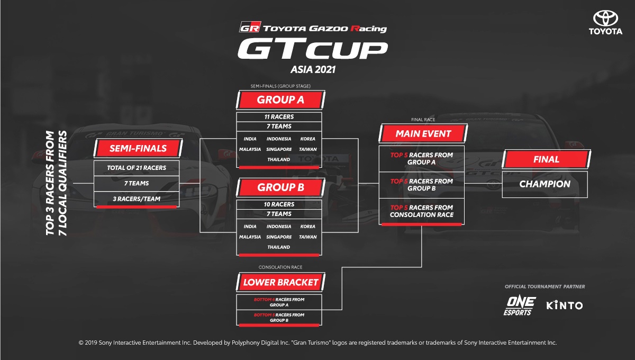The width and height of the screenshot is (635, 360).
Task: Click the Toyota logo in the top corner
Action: point(605,23)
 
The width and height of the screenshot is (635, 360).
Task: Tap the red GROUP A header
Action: point(280,100)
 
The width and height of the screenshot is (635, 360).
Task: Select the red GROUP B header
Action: point(280,187)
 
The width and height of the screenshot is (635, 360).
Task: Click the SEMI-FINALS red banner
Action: point(138,148)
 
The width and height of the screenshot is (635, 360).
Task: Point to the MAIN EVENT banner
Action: point(423,133)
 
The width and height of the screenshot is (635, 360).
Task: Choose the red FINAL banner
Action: point(546,159)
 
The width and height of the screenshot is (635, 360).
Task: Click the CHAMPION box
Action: point(545,184)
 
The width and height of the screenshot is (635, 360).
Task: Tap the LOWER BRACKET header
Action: point(280,282)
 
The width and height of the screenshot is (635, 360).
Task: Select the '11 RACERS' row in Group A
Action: point(279,116)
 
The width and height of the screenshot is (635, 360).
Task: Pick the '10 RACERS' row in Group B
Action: point(279,204)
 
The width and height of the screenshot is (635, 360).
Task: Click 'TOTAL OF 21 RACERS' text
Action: point(137,168)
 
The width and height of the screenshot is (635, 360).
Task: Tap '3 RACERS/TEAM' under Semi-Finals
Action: point(137,199)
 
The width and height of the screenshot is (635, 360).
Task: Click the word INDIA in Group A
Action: point(250,139)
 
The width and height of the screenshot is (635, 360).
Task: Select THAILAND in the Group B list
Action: point(279,247)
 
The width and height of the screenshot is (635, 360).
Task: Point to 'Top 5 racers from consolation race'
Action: point(422,211)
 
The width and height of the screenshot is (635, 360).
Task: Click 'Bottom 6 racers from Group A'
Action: point(279,302)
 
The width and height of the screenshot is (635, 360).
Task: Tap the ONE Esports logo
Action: point(520,306)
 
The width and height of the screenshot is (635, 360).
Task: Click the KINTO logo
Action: point(565,305)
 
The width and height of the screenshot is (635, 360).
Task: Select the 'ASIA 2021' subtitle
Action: point(313,69)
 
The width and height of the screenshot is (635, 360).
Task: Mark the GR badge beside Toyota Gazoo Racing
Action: point(250,27)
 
